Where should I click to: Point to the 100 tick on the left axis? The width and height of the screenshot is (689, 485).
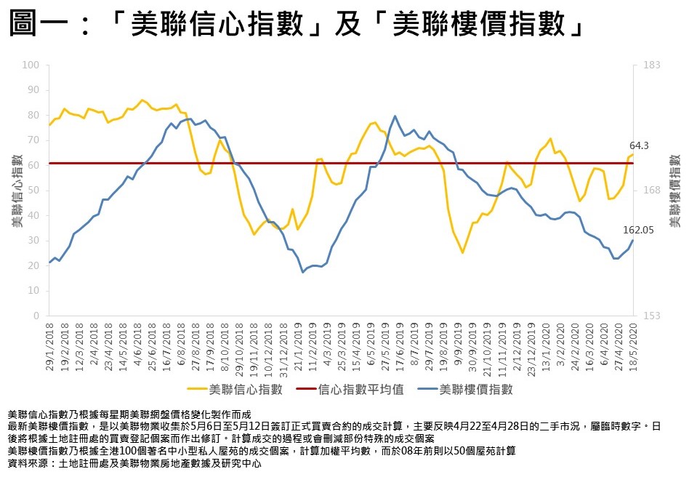[31, 65]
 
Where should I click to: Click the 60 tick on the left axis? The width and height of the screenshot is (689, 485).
[33, 166]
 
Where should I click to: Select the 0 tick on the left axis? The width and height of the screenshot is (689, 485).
[36, 316]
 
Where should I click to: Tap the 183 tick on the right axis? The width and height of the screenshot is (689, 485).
[651, 65]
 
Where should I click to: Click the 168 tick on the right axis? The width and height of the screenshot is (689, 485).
[651, 191]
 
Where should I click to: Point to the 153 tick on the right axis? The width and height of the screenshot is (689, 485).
[651, 316]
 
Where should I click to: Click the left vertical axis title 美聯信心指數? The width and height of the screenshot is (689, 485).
[15, 191]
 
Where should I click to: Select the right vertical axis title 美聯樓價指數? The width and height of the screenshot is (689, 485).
[674, 191]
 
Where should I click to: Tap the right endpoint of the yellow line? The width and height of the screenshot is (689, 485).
[633, 155]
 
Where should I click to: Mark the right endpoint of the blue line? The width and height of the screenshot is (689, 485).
[633, 241]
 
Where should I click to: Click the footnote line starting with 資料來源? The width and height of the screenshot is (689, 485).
[134, 462]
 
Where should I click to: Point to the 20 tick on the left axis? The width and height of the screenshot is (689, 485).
[33, 266]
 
